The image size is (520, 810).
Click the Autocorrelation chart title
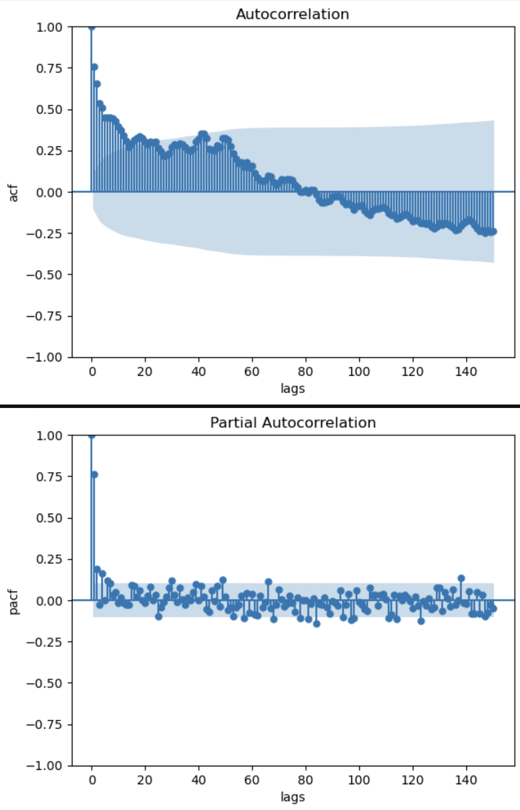click(292, 14)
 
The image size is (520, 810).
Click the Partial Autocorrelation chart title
click(293, 422)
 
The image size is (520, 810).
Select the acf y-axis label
click(13, 193)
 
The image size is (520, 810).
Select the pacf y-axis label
click(13, 602)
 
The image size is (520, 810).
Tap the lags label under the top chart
click(293, 388)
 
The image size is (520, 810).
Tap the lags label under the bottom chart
click(293, 797)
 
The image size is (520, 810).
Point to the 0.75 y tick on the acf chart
click(49, 68)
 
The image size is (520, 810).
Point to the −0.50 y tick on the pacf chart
click(46, 683)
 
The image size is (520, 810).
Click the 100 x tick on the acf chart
click(359, 371)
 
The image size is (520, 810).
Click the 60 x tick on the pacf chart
click(252, 780)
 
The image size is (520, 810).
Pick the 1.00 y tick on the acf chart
click(49, 27)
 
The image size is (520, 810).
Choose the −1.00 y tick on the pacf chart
click(46, 765)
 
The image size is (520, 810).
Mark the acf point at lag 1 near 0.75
click(94, 67)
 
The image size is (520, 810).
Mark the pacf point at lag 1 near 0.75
click(94, 474)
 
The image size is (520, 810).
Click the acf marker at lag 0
click(92, 27)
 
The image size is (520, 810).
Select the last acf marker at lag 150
click(493, 231)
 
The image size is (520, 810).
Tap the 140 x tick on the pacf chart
click(466, 780)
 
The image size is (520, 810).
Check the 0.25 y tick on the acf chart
click(49, 150)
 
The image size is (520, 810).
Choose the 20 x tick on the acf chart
click(145, 371)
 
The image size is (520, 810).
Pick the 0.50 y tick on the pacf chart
click(49, 518)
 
